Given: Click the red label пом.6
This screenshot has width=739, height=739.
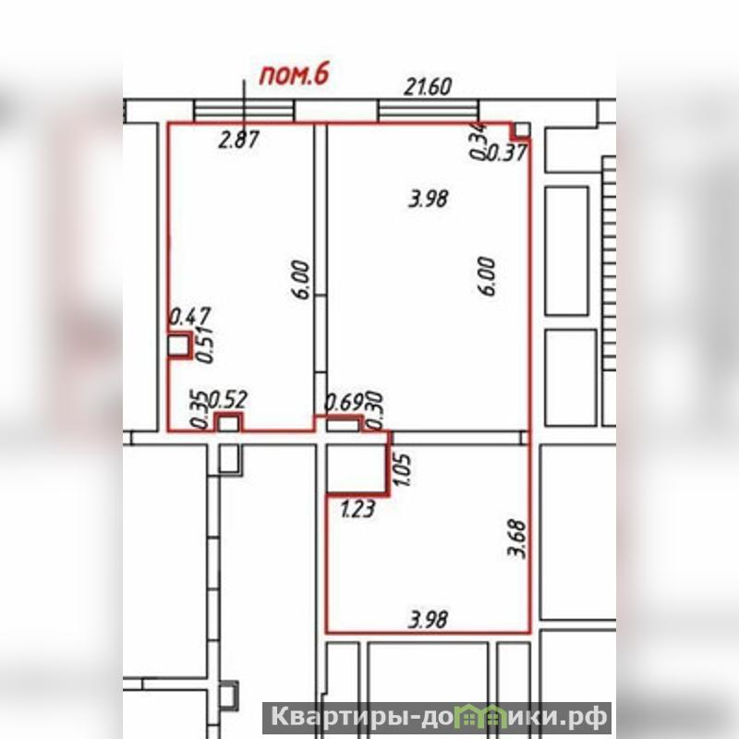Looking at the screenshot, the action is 294,76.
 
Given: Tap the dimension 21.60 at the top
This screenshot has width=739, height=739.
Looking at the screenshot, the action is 428,87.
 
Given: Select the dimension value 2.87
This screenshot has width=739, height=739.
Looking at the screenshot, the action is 239,140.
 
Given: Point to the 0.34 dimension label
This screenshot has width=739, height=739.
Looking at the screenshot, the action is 478,140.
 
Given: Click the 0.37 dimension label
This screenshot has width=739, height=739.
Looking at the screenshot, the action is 505,152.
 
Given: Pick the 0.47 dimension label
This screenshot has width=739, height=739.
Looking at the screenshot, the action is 190,316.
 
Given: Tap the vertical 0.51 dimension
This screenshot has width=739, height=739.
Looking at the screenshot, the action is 205,344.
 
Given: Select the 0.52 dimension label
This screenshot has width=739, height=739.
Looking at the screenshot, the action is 227,400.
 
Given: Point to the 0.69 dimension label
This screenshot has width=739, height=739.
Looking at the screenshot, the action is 345,403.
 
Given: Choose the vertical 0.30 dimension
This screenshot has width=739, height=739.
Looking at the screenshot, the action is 375,410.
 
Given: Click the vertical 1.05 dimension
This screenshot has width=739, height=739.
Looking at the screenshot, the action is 403,469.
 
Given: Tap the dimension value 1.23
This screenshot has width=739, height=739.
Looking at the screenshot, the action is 357,510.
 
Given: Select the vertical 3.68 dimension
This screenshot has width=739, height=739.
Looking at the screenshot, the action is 518,539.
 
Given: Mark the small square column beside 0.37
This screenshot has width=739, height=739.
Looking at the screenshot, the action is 522,130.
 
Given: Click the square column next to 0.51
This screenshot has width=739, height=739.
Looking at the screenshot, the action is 178,345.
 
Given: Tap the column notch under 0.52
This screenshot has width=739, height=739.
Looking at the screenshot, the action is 228,423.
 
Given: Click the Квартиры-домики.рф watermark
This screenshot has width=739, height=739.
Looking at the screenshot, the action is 438,718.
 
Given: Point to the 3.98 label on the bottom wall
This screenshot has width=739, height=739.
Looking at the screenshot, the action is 428,619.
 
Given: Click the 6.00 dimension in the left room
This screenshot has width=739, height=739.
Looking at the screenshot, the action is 302,280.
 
